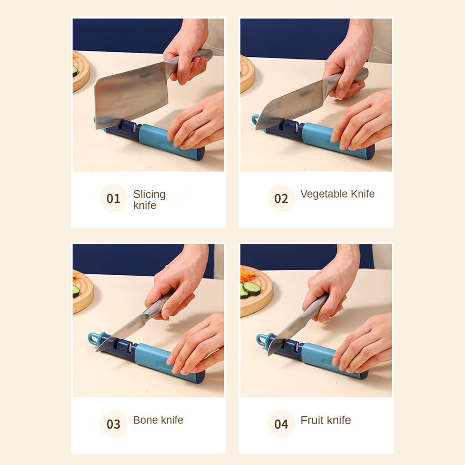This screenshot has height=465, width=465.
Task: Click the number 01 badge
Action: click(x=113, y=198)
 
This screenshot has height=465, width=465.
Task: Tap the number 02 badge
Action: click(x=281, y=198)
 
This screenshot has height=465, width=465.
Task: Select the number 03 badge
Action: click(x=113, y=424)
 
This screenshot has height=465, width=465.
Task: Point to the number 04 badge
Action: click(x=281, y=424)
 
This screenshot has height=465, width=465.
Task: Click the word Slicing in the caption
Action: click(x=149, y=194)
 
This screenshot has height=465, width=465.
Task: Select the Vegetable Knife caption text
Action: click(x=337, y=194)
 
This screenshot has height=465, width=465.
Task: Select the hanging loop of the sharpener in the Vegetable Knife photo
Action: click(x=256, y=119)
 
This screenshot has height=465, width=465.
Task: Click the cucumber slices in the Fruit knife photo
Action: click(x=250, y=289)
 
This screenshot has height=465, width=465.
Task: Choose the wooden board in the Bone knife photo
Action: click(x=83, y=292)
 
